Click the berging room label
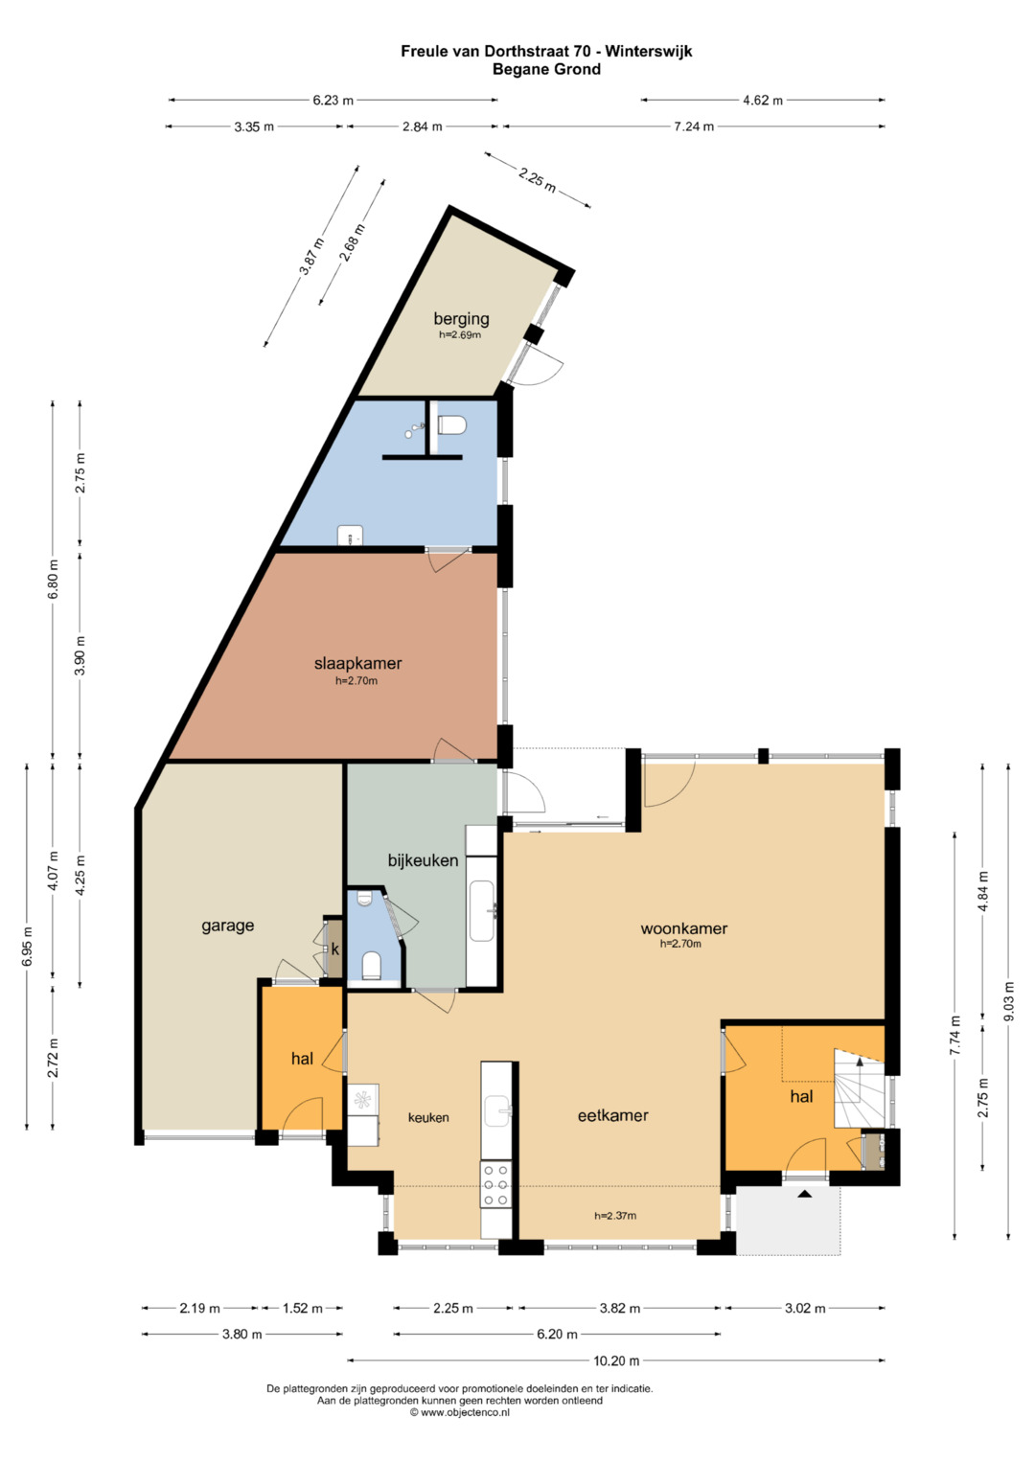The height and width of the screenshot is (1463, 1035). pyautogui.click(x=461, y=319)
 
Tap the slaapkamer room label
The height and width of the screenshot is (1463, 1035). pyautogui.click(x=358, y=664)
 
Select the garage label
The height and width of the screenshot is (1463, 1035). pyautogui.click(x=227, y=926)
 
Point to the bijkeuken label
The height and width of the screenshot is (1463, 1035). pyautogui.click(x=423, y=860)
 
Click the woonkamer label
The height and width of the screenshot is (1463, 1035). pyautogui.click(x=684, y=928)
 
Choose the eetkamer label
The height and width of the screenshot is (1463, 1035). pyautogui.click(x=613, y=1115)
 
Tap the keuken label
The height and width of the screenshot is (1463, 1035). pyautogui.click(x=428, y=1117)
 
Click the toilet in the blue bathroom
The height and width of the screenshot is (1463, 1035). pyautogui.click(x=451, y=425)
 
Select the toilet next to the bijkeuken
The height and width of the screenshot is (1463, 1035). pyautogui.click(x=371, y=966)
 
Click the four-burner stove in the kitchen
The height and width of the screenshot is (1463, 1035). pyautogui.click(x=496, y=1184)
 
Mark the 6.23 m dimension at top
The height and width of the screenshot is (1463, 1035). pyautogui.click(x=333, y=101)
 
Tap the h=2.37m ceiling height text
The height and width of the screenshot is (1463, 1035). pyautogui.click(x=615, y=1216)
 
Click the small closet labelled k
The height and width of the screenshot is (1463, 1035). pyautogui.click(x=334, y=949)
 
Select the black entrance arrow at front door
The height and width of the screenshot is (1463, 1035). pyautogui.click(x=804, y=1193)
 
